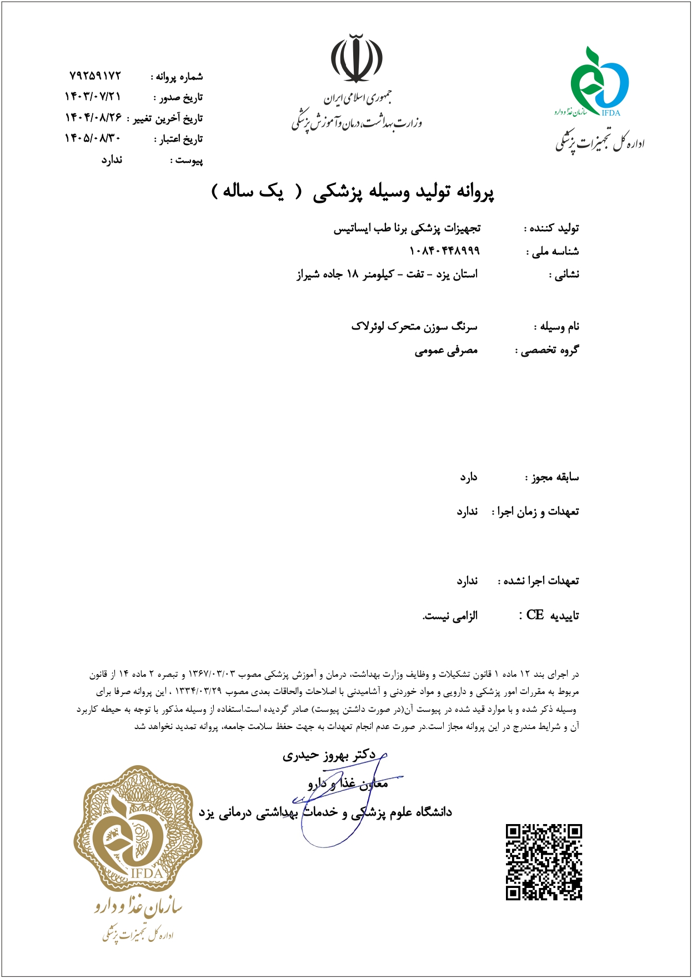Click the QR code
(x=543, y=862)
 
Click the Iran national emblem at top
(x=357, y=58)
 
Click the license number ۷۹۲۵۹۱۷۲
(x=95, y=76)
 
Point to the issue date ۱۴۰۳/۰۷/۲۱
(x=93, y=97)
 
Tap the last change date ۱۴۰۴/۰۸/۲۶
(x=93, y=118)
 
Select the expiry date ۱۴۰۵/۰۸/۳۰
(x=93, y=138)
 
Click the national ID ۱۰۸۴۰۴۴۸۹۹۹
(x=444, y=251)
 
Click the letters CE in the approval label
(x=535, y=615)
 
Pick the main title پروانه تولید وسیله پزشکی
(x=403, y=192)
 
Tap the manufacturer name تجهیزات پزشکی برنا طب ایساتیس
(x=407, y=228)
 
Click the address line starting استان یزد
(x=387, y=275)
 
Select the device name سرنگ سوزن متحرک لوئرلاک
(x=414, y=327)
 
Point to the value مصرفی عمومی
(x=446, y=351)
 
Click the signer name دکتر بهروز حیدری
(x=329, y=755)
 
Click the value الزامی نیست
(x=450, y=616)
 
